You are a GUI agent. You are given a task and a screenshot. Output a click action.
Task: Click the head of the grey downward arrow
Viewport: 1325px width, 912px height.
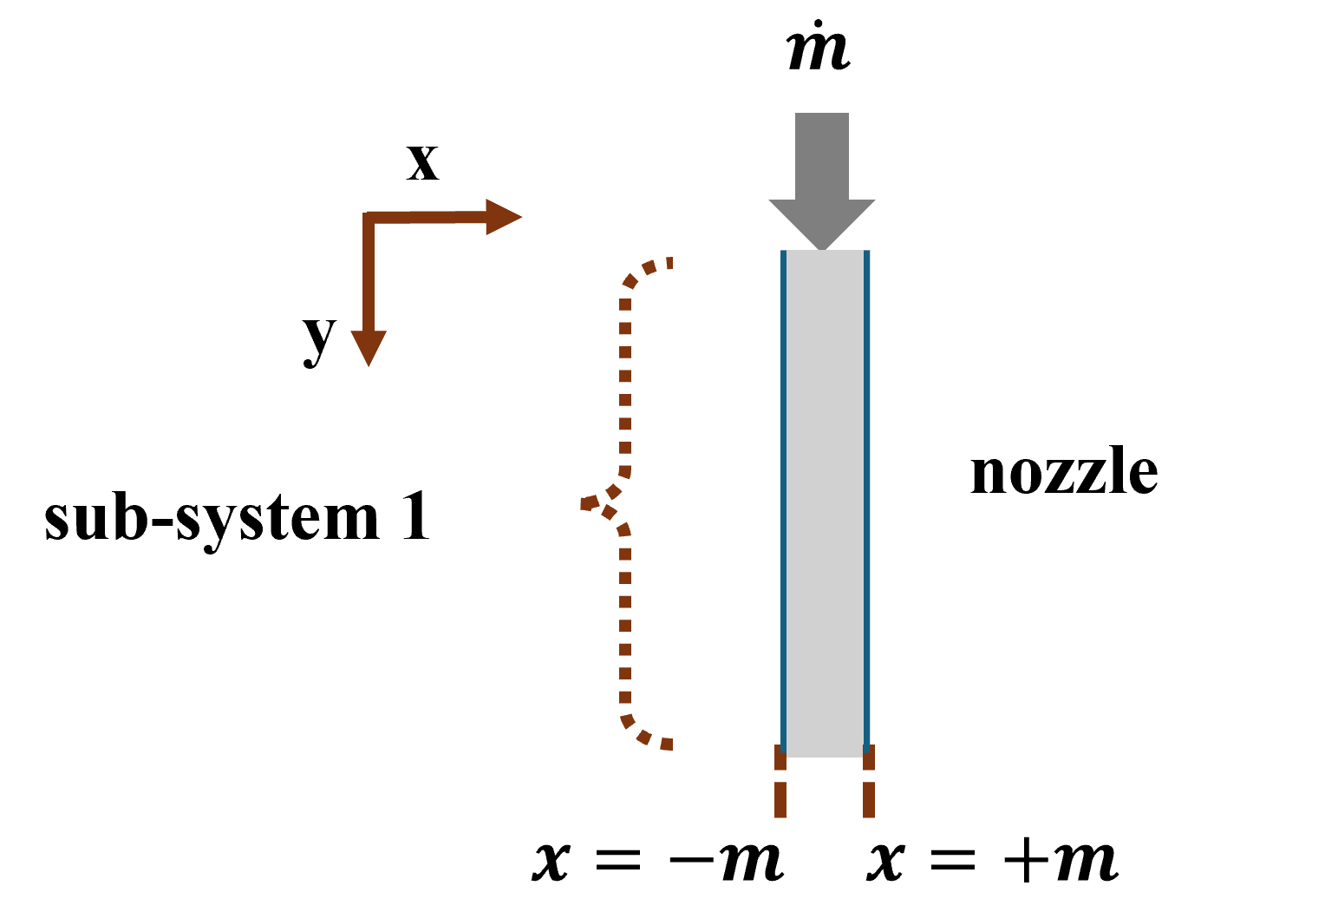(x=821, y=221)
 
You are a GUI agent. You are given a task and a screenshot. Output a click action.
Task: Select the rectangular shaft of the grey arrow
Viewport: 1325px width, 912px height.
(x=821, y=156)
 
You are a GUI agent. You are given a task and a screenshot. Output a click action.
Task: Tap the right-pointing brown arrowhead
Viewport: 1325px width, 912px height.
(x=503, y=217)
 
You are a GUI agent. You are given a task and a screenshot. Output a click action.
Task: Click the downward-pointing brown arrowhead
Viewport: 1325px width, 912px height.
(x=369, y=347)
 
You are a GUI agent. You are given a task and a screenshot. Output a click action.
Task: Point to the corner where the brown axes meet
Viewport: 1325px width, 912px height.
(x=369, y=217)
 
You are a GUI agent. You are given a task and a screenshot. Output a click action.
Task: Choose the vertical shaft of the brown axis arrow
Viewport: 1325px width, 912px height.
(x=369, y=278)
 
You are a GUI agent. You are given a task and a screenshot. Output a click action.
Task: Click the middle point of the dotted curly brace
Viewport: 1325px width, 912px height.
(x=586, y=503)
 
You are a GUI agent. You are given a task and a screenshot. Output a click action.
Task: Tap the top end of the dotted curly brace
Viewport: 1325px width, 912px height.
(x=669, y=262)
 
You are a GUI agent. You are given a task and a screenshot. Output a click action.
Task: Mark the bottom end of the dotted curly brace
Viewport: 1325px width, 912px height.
(x=667, y=744)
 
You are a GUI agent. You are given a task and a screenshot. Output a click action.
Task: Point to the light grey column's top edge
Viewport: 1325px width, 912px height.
(x=825, y=252)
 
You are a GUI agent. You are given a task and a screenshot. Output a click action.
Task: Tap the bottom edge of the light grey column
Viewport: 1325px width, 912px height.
(x=825, y=756)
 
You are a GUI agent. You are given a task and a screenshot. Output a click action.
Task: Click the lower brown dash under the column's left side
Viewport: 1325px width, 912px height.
(x=780, y=799)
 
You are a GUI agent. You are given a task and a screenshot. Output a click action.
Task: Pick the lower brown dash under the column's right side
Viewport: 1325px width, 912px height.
(x=869, y=799)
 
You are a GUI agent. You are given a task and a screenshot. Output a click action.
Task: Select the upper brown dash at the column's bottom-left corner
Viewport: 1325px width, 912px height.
(x=780, y=758)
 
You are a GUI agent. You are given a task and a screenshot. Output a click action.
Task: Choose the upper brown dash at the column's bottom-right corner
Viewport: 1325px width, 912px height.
(x=869, y=758)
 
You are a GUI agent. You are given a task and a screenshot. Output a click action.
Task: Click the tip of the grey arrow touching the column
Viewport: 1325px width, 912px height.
(x=821, y=249)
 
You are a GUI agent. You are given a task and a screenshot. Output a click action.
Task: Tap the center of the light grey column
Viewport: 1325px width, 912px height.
(x=825, y=503)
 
